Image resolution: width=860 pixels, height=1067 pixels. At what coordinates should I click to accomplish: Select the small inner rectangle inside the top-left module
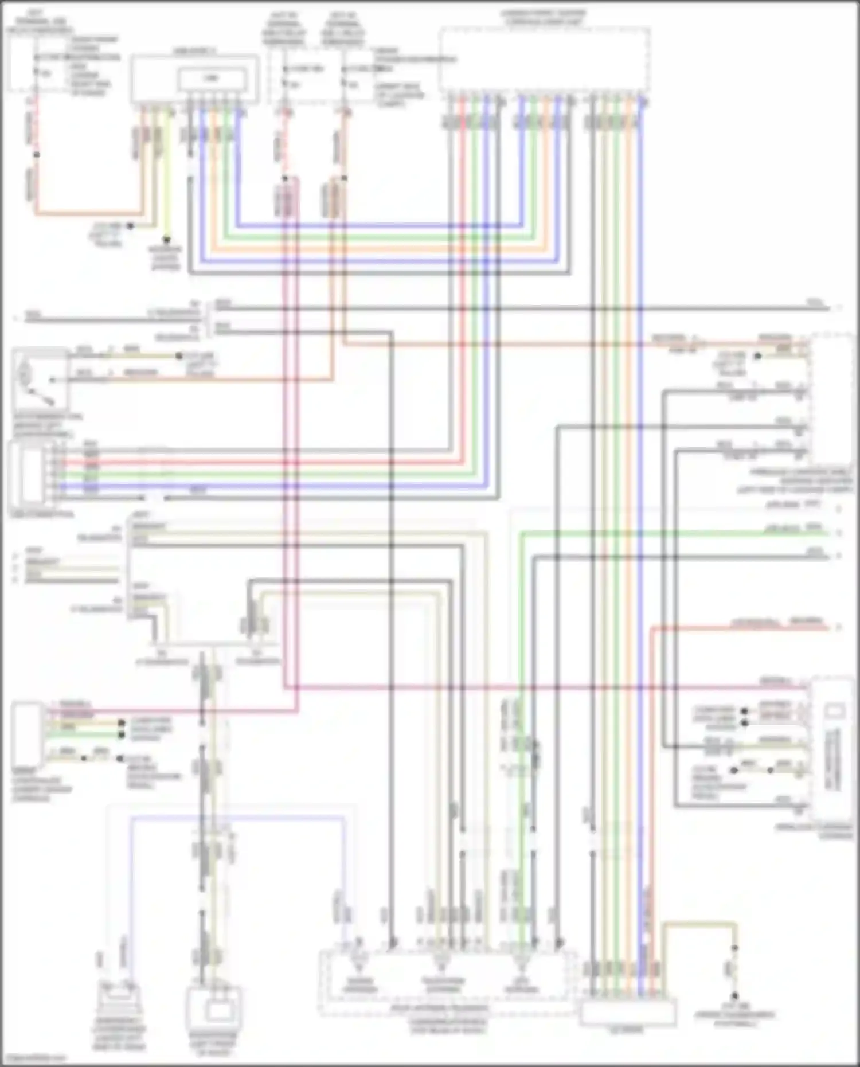(x=213, y=78)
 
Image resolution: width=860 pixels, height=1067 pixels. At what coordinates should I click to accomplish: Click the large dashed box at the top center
(x=544, y=58)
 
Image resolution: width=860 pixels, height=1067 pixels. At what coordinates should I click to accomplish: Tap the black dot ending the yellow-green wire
(x=167, y=240)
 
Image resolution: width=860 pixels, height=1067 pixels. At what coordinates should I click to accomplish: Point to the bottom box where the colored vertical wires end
(x=628, y=1012)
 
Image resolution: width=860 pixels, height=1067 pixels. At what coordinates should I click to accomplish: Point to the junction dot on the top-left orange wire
(x=36, y=155)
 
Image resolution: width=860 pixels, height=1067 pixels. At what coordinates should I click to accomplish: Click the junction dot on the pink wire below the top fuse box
(x=284, y=178)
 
